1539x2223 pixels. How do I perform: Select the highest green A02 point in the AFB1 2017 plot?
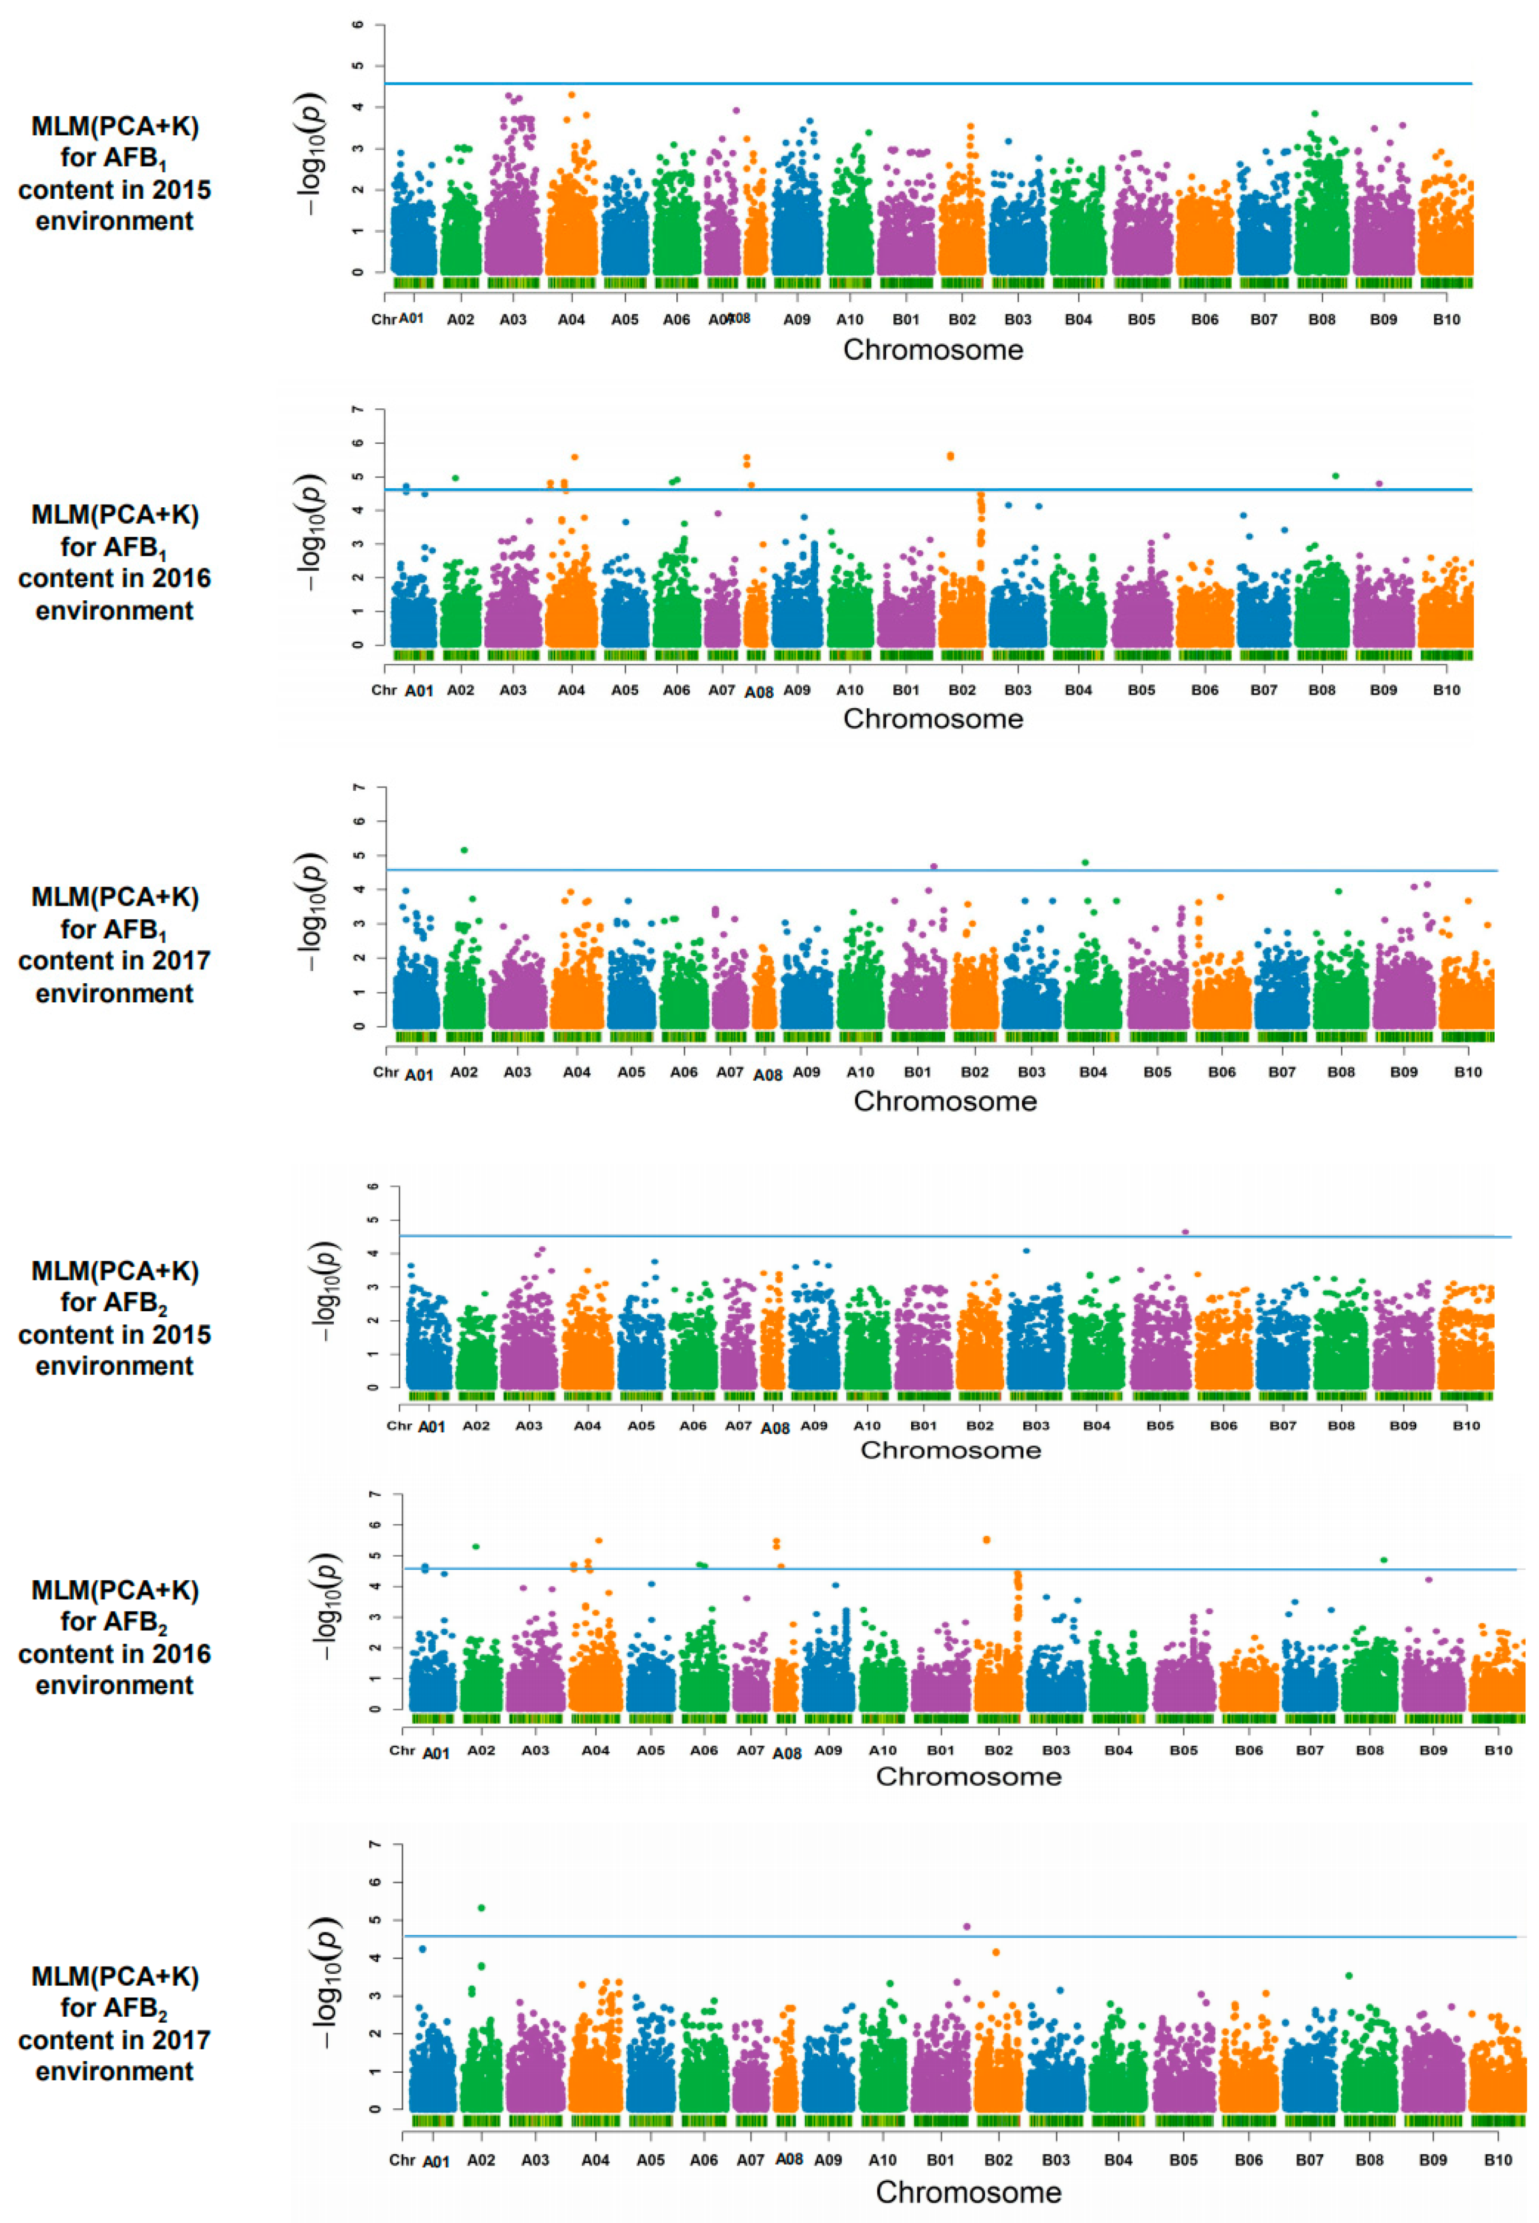pyautogui.click(x=464, y=849)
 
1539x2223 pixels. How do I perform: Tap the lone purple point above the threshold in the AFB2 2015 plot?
pyautogui.click(x=1185, y=1232)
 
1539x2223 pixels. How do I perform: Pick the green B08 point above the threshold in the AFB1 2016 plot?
pyautogui.click(x=1335, y=475)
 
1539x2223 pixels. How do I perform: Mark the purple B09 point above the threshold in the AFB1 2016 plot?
pyautogui.click(x=1379, y=484)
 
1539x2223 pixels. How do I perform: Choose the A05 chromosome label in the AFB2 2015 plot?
pyautogui.click(x=641, y=1425)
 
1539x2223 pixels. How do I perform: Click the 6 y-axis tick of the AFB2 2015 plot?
pyautogui.click(x=372, y=1186)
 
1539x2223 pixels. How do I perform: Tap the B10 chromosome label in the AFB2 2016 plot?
pyautogui.click(x=1498, y=1751)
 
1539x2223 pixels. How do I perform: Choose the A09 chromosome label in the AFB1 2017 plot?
pyautogui.click(x=806, y=1072)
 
